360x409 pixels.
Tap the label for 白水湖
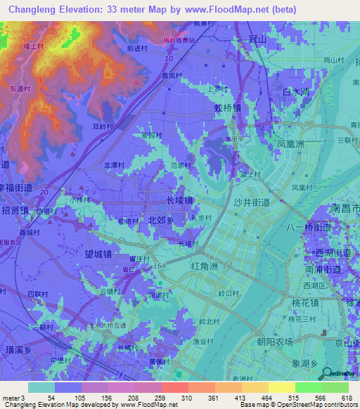tap(296, 92)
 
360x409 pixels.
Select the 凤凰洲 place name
tap(290, 143)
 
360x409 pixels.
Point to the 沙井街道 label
tap(252, 202)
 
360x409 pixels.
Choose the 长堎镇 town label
tap(179, 200)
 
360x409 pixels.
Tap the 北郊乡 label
tap(161, 220)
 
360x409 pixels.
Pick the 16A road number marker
tap(160, 266)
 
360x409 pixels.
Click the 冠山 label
tap(258, 40)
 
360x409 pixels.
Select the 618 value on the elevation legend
tap(345, 398)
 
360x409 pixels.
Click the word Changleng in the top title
tap(34, 9)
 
